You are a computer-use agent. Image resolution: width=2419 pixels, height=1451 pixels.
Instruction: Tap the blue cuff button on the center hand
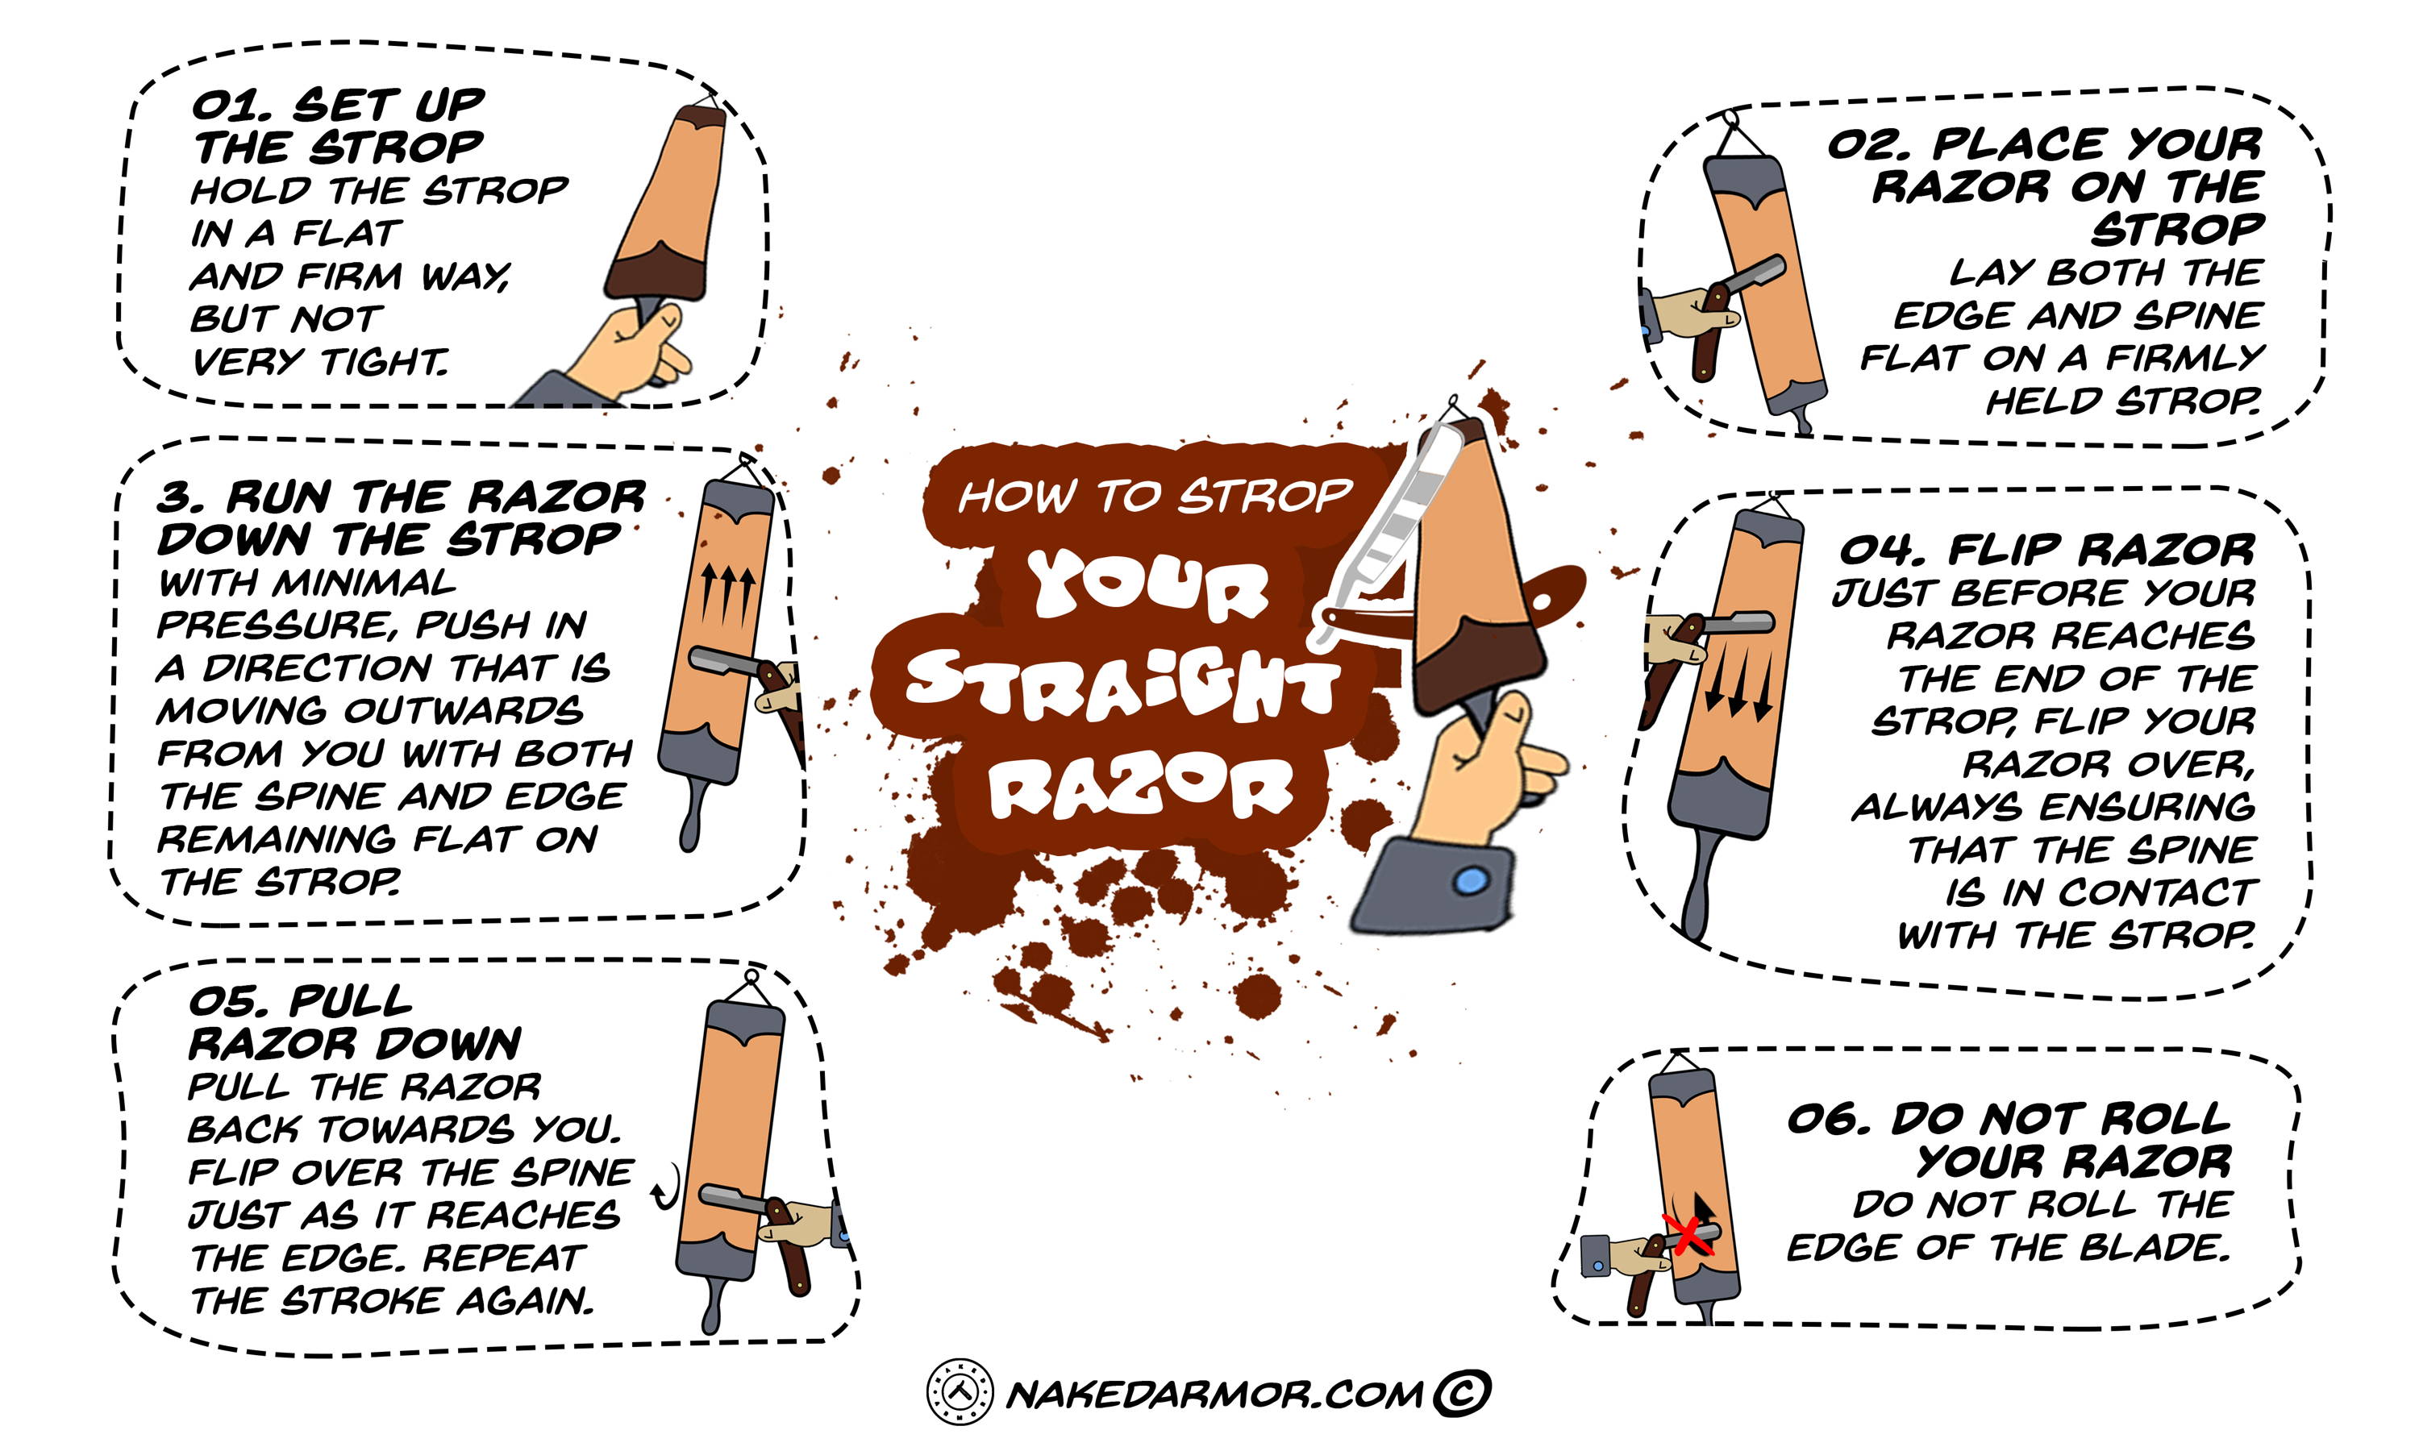(x=1471, y=881)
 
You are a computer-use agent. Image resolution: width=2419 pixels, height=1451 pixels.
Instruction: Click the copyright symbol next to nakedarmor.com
(x=1461, y=1392)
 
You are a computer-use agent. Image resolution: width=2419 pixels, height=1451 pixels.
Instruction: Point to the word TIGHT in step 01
(x=385, y=362)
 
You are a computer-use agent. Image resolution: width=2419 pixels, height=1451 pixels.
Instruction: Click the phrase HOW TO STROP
(x=1155, y=497)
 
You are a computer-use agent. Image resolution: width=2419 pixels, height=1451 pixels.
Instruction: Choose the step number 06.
(x=1826, y=1119)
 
